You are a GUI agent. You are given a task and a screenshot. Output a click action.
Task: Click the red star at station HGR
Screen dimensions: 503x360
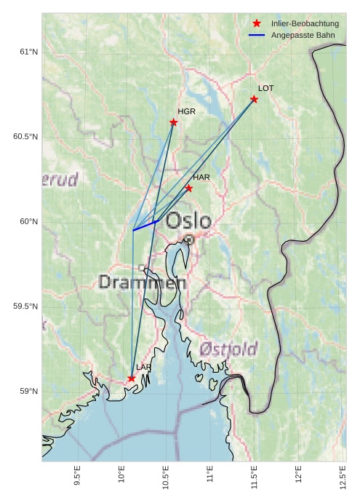click(x=173, y=122)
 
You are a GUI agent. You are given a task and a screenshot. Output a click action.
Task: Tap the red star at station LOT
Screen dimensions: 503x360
click(x=254, y=99)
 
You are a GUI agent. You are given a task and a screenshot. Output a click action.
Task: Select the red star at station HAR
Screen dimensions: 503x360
click(x=188, y=188)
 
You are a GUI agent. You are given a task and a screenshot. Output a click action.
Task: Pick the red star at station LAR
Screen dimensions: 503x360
click(x=132, y=379)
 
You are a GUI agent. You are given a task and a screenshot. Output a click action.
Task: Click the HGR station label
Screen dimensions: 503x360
click(x=187, y=111)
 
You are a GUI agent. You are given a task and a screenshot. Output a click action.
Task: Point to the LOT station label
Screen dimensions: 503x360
click(x=266, y=88)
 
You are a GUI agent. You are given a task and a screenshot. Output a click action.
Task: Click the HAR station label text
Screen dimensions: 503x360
click(x=201, y=178)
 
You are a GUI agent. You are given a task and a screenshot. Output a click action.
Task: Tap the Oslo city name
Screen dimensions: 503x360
click(x=188, y=221)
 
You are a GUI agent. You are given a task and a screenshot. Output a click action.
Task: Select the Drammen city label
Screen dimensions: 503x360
click(x=137, y=282)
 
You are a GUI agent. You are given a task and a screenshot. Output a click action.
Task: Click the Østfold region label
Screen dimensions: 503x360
click(x=229, y=349)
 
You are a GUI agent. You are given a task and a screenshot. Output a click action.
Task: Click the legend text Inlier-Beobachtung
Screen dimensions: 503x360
click(x=305, y=24)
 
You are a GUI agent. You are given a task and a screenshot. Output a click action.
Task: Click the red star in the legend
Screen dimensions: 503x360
click(x=257, y=24)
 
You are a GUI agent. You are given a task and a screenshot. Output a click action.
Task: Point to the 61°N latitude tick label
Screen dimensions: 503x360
click(x=28, y=52)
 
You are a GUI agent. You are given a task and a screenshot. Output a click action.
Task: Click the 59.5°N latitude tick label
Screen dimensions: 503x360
click(x=25, y=306)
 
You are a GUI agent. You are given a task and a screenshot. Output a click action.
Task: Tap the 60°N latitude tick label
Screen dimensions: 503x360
click(x=28, y=222)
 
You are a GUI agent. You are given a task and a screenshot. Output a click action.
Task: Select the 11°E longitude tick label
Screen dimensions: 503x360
click(x=209, y=475)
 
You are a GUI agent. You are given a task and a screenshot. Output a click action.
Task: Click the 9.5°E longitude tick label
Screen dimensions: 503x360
click(x=77, y=475)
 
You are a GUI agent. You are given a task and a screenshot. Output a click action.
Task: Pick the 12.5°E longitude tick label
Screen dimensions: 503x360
click(x=343, y=475)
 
